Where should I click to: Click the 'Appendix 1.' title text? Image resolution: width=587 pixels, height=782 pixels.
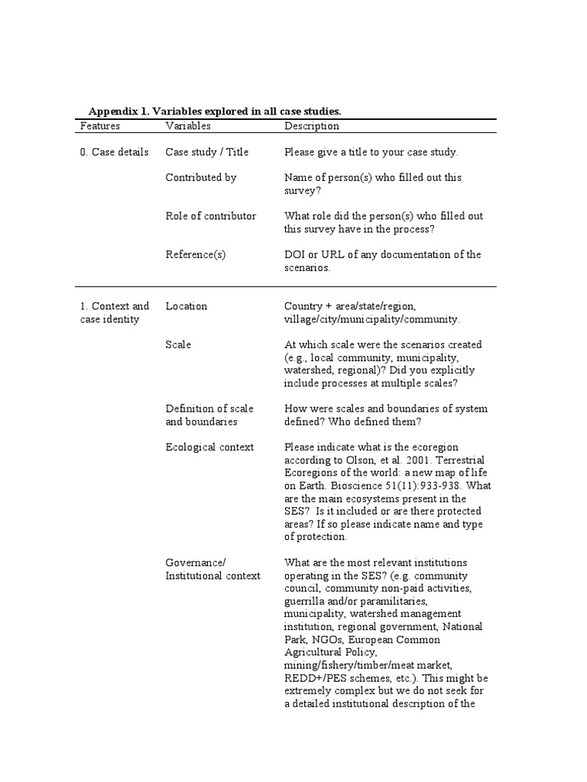click(118, 111)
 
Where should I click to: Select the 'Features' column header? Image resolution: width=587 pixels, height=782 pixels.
click(100, 126)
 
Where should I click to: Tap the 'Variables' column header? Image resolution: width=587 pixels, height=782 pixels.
click(187, 126)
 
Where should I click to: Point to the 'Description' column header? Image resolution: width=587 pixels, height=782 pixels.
click(312, 126)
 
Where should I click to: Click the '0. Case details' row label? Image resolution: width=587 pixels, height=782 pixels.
click(115, 152)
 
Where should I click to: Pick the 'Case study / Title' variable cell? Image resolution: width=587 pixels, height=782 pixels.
click(207, 152)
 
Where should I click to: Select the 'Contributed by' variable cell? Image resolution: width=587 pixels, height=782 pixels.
click(201, 177)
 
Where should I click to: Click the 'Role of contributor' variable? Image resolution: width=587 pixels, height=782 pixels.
click(211, 216)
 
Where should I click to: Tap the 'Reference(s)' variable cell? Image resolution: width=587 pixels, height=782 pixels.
click(196, 254)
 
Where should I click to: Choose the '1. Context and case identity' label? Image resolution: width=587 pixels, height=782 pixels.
click(115, 312)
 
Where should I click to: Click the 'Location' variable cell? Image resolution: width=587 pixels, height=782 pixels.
click(186, 306)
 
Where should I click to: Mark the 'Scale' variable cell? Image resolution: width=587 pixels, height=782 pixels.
click(178, 344)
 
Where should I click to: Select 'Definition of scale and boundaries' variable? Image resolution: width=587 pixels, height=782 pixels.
click(209, 415)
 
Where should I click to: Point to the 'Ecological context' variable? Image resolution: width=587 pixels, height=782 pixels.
click(209, 447)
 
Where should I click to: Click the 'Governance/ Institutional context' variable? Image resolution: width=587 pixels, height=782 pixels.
click(212, 569)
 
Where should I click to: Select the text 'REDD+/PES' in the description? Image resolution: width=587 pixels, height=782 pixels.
click(312, 678)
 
